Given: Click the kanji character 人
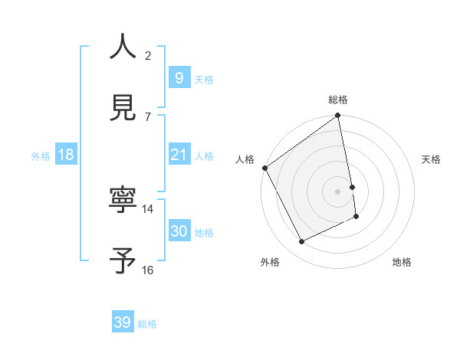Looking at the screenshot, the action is tap(123, 47).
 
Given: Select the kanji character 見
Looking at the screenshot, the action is tap(123, 109).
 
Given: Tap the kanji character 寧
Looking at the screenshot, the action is tap(123, 201).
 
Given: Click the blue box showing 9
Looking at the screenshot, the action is tap(179, 77).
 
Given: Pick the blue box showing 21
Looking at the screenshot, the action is tap(179, 155).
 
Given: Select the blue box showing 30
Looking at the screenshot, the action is tap(179, 231).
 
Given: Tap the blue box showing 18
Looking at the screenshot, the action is tap(66, 155).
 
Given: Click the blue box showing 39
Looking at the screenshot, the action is tap(123, 322).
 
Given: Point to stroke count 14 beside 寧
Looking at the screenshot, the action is tap(148, 208).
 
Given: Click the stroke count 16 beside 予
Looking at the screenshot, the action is tap(148, 270).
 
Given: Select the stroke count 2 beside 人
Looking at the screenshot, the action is tap(148, 55).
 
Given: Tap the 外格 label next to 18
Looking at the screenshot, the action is tap(41, 155).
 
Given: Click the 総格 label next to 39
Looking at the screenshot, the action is tap(147, 324).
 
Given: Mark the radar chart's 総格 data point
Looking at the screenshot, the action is tap(338, 116).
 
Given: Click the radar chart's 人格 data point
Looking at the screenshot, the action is tap(264, 168).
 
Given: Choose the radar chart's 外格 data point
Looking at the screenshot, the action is tap(301, 242).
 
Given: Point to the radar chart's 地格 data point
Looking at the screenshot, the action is tap(356, 217).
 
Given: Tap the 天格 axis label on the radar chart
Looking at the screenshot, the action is tap(432, 159).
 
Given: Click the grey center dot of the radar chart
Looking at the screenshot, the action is tap(338, 191).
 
